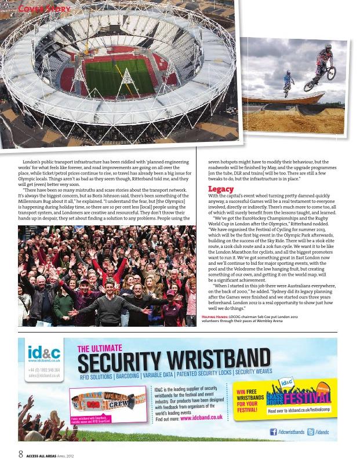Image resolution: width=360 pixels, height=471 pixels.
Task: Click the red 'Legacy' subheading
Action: click(221, 189)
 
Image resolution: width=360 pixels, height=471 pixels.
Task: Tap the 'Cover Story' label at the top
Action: click(45, 9)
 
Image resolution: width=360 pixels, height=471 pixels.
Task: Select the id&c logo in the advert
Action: click(43, 353)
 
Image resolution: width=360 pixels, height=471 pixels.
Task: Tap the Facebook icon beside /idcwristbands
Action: click(274, 432)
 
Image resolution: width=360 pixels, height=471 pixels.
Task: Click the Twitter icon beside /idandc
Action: click(311, 432)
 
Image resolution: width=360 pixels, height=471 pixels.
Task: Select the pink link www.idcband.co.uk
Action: click(201, 417)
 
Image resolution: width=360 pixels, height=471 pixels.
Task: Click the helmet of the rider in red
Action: click(328, 47)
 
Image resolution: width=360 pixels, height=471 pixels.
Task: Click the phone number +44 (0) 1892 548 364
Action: click(44, 369)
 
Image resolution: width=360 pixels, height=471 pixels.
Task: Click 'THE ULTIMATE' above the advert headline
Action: click(100, 348)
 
